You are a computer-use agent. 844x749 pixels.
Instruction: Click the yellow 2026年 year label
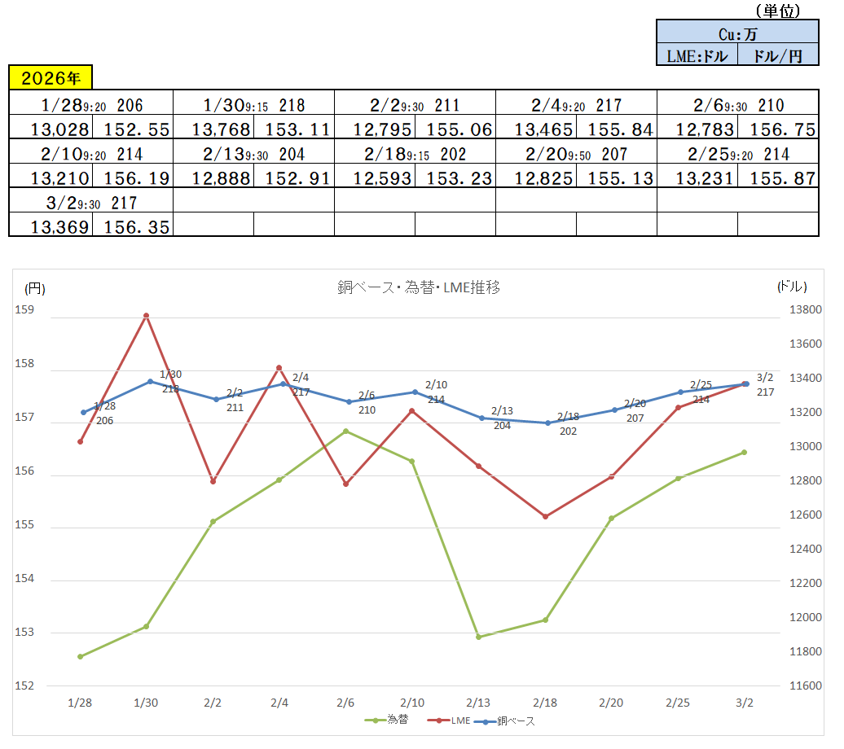[x=51, y=78]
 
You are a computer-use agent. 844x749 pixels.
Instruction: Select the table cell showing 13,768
[x=213, y=129]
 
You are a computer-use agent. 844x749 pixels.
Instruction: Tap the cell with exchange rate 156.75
[x=778, y=129]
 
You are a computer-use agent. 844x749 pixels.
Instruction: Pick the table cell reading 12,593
[x=375, y=177]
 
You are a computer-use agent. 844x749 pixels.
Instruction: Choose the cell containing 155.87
[x=778, y=177]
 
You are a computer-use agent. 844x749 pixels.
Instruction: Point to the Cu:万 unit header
[x=737, y=33]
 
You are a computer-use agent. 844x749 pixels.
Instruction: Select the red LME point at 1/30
[x=147, y=315]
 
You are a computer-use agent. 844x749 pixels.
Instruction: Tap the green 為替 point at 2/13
[x=479, y=637]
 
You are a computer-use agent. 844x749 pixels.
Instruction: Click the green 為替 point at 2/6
[x=346, y=431]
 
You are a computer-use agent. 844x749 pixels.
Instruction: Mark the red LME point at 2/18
[x=546, y=516]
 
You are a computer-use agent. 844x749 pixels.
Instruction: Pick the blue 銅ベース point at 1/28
[x=83, y=412]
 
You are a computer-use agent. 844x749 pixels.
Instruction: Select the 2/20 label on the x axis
[x=612, y=702]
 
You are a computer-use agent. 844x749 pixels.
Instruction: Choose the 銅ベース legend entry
[x=510, y=721]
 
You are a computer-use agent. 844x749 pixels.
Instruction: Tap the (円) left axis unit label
[x=35, y=287]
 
